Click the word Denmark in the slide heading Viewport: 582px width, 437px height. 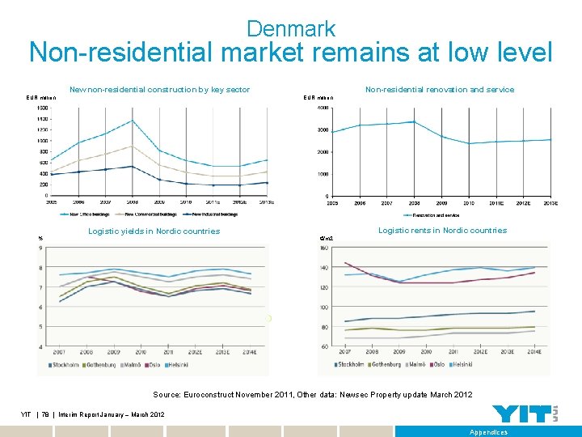coord(291,29)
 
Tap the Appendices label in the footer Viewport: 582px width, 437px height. coord(488,432)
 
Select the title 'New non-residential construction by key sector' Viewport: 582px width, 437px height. coord(159,90)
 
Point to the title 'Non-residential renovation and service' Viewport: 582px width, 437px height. coord(440,90)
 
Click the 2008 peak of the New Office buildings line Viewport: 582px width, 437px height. coord(132,121)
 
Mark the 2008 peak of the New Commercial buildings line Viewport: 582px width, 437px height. coord(132,146)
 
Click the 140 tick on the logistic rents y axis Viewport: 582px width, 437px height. coord(324,268)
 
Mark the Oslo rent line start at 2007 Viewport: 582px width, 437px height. coord(345,262)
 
